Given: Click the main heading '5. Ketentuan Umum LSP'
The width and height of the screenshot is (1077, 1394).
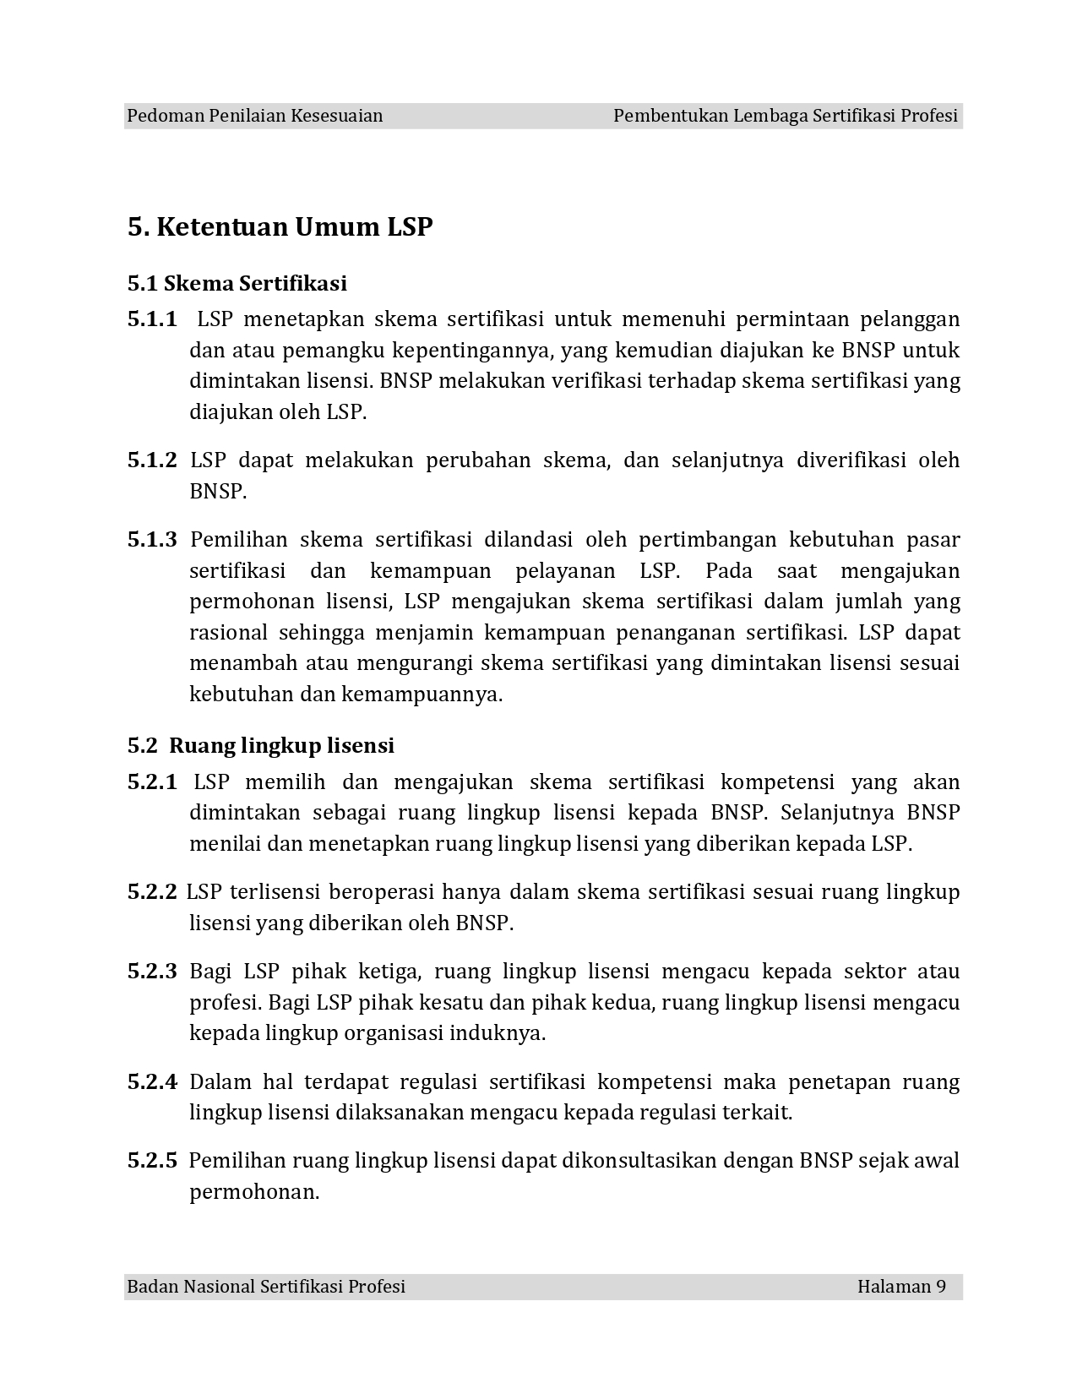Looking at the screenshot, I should (x=280, y=227).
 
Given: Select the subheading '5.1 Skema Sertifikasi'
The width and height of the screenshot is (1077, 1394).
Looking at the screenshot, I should (x=237, y=282).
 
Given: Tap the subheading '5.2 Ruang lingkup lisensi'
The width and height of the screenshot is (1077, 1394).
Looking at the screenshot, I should (x=261, y=745).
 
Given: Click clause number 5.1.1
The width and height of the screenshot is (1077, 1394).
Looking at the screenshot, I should (x=152, y=319).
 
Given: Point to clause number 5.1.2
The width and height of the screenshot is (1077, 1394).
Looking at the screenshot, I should (x=152, y=460).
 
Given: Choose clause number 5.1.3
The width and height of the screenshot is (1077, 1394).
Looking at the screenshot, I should (x=152, y=540).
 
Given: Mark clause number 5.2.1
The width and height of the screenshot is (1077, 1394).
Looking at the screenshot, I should (x=152, y=782).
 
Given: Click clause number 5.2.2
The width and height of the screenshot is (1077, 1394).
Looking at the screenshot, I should (x=152, y=892).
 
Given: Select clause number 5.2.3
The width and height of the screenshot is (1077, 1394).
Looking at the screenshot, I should (x=152, y=972).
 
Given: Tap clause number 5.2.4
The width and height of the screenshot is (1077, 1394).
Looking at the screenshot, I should (x=152, y=1082).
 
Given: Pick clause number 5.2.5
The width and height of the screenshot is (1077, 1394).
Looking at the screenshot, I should (x=152, y=1161).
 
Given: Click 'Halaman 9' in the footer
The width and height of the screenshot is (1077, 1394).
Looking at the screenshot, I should (x=901, y=1287).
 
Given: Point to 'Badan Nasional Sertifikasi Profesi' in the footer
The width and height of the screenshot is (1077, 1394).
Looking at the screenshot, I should (x=266, y=1287).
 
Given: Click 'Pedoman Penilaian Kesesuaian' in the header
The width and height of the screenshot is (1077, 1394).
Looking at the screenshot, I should (x=255, y=116).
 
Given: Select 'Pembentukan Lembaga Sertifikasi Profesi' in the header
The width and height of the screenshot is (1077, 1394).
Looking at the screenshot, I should (x=786, y=116).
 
